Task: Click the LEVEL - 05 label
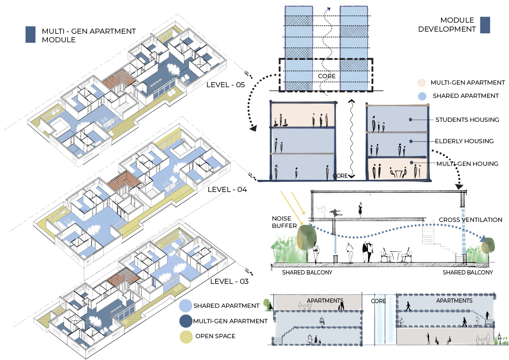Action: click(225, 85)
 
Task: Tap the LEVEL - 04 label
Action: click(227, 189)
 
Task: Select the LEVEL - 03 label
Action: click(229, 281)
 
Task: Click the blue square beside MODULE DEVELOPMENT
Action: click(485, 25)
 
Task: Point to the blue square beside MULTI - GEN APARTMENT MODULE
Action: click(30, 35)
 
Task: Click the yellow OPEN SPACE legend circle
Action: click(185, 336)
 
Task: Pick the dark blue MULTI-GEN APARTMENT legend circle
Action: click(185, 321)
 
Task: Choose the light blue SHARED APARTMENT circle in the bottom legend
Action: click(185, 306)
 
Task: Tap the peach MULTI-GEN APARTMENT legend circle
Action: click(421, 83)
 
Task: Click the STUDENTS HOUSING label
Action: click(467, 120)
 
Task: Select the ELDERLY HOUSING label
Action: click(465, 141)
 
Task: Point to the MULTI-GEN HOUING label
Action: click(468, 163)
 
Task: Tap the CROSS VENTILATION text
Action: click(471, 220)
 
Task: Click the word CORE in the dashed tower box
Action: click(327, 77)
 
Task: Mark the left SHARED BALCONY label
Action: click(307, 272)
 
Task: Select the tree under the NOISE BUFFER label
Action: click(306, 237)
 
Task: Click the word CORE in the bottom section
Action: click(378, 301)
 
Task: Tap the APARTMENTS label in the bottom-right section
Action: click(454, 301)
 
